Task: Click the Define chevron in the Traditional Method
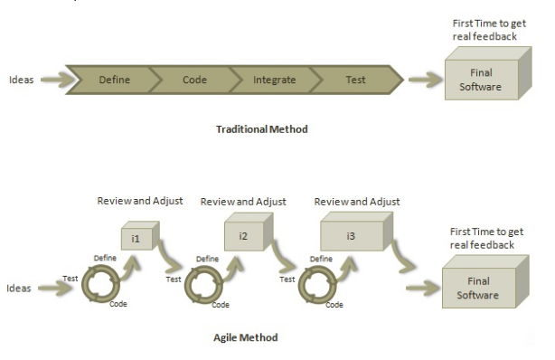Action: [x=113, y=80]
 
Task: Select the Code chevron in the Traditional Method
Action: [x=194, y=80]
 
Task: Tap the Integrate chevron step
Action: [x=275, y=80]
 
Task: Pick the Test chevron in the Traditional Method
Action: [x=355, y=80]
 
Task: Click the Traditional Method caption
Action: [x=261, y=129]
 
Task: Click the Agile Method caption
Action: [x=245, y=337]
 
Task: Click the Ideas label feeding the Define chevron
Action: [x=21, y=80]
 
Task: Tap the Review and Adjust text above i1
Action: [x=140, y=201]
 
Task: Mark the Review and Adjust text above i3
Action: [x=355, y=201]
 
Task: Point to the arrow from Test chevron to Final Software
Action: [x=424, y=80]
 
